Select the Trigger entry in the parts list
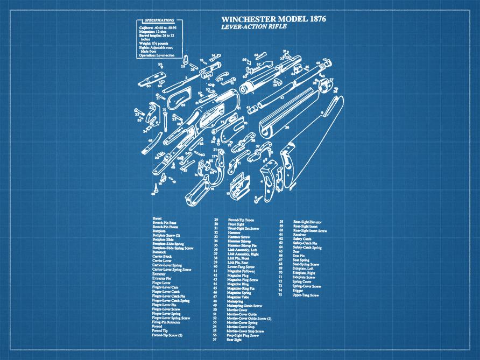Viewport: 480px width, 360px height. (x=298, y=291)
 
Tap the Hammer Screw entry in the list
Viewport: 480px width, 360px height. (x=238, y=237)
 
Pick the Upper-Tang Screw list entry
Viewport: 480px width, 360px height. (x=306, y=295)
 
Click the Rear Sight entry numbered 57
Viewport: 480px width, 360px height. (x=234, y=340)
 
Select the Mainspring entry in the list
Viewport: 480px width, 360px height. (x=235, y=300)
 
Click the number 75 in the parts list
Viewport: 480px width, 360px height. (x=280, y=295)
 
